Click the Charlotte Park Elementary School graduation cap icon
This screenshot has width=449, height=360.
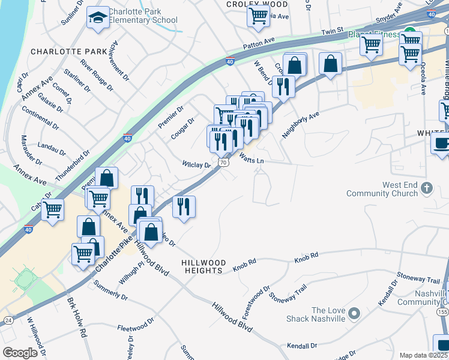pyautogui.click(x=97, y=17)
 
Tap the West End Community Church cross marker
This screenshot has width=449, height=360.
pyautogui.click(x=426, y=188)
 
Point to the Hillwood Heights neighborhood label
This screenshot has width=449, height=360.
pyautogui.click(x=204, y=266)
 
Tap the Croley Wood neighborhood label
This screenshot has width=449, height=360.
pyautogui.click(x=257, y=4)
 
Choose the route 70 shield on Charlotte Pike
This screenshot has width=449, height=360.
pyautogui.click(x=223, y=163)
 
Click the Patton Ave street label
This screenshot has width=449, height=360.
pyautogui.click(x=258, y=44)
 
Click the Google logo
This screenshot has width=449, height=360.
pyautogui.click(x=20, y=353)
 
